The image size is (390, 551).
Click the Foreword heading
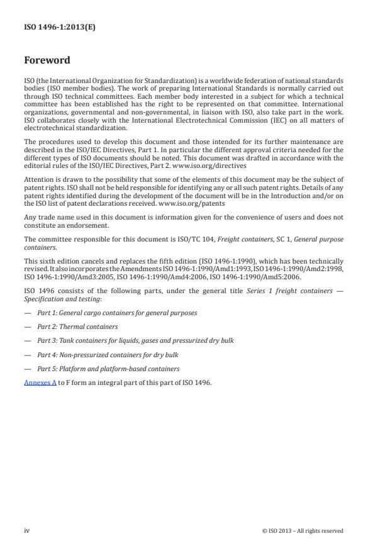[47, 61]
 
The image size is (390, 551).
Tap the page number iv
[27, 530]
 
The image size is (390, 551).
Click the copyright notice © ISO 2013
[303, 531]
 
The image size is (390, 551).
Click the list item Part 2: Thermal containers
[77, 327]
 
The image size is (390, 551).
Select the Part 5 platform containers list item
[108, 369]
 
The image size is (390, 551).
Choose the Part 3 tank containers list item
[135, 341]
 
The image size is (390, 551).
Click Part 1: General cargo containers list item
[117, 313]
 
